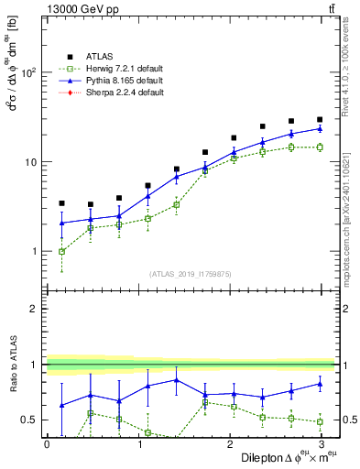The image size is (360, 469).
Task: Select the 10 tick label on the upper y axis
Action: [32, 162]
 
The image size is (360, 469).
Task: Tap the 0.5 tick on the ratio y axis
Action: [30, 420]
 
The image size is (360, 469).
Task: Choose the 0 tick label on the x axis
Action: [47, 443]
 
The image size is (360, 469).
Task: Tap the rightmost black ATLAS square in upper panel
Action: [320, 119]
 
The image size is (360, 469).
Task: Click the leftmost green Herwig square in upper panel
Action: [61, 251]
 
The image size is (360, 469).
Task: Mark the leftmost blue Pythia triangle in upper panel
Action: [61, 223]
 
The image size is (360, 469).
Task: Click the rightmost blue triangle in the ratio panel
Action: [320, 384]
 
